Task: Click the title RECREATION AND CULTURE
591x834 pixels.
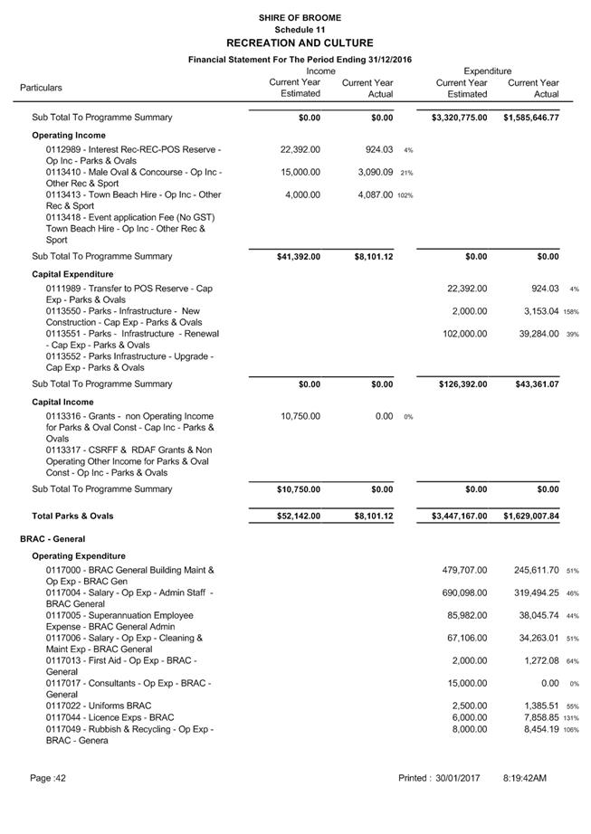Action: tap(299, 43)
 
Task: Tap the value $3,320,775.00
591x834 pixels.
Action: tap(458, 118)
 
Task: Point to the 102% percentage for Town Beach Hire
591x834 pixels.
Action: tap(405, 195)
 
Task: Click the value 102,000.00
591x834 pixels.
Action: tap(462, 334)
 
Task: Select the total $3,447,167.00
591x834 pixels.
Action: tap(458, 517)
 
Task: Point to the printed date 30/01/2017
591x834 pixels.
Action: tap(457, 778)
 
